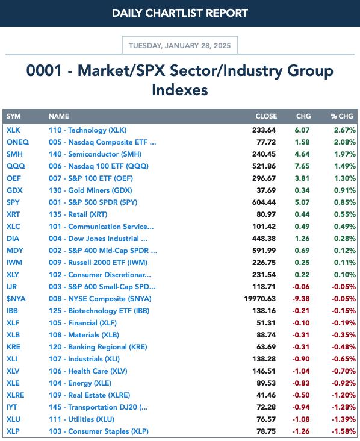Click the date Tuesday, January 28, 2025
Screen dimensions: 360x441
pos(179,46)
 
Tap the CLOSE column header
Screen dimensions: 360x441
pos(266,116)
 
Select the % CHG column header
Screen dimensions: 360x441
pos(342,116)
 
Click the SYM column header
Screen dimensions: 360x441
pos(13,116)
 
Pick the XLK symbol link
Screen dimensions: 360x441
pos(13,130)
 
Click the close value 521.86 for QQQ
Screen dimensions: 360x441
pos(264,166)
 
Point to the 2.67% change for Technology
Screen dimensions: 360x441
pos(344,130)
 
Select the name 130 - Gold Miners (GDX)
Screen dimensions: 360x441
pos(90,190)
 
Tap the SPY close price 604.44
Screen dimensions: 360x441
pos(264,202)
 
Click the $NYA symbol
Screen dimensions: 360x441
pos(16,299)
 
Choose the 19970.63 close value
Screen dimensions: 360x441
pos(259,299)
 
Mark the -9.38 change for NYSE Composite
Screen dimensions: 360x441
pos(301,299)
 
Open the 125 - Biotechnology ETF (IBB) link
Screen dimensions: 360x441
pos(99,311)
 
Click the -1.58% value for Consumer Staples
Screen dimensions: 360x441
pos(344,431)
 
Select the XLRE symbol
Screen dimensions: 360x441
pos(16,395)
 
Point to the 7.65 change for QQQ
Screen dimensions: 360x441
pos(302,166)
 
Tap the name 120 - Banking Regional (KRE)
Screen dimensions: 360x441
pos(98,347)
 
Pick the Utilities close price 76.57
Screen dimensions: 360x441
pos(266,419)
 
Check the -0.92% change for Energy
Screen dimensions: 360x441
pos(344,383)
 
